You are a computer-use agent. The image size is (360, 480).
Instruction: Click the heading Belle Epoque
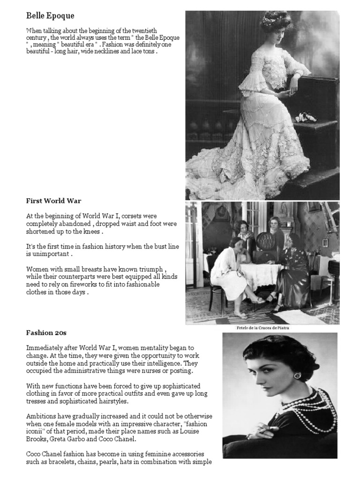pos(51,16)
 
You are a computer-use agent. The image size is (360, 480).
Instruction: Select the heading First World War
pos(53,201)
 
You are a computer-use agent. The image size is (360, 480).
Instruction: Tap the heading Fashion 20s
pos(46,333)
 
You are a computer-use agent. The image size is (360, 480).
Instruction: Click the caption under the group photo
pos(262,328)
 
